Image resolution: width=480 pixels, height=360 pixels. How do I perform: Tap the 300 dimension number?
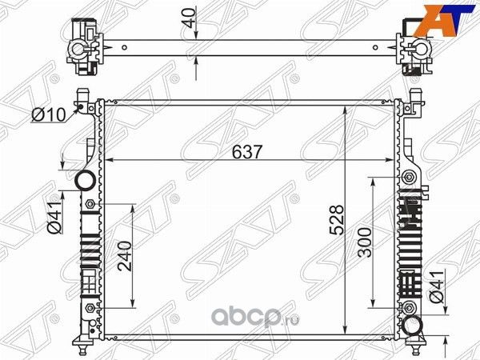[x=365, y=241]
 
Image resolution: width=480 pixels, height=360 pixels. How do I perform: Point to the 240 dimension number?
[x=123, y=257]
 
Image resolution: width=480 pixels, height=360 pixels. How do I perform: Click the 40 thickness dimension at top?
[x=188, y=17]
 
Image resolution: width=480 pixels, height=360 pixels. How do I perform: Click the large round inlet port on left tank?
[x=85, y=182]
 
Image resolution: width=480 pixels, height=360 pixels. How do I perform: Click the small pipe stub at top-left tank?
[x=82, y=98]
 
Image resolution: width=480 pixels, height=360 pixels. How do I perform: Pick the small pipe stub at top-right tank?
[x=414, y=98]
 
